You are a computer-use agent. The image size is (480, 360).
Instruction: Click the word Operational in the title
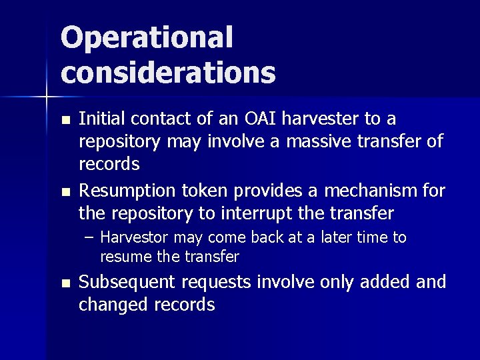[147, 38]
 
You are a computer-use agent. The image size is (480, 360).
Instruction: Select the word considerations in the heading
[168, 73]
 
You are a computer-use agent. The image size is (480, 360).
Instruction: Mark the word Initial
[103, 119]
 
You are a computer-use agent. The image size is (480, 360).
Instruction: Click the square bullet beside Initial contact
[64, 121]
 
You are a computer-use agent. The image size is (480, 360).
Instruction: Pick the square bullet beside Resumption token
[64, 193]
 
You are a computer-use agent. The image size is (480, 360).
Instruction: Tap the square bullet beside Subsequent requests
[64, 283]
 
